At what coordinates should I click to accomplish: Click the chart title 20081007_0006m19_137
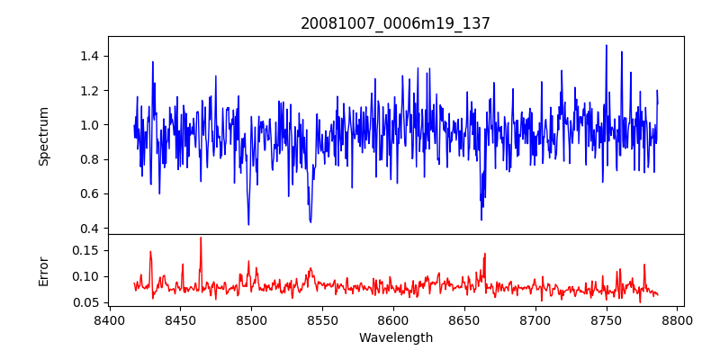(395, 23)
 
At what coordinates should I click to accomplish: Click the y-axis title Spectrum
(44, 136)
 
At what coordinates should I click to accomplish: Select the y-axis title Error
(44, 270)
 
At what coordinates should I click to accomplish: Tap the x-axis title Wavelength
(396, 337)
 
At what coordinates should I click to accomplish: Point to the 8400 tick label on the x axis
(109, 320)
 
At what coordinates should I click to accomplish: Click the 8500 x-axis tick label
(251, 320)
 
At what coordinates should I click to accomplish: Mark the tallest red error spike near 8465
(201, 238)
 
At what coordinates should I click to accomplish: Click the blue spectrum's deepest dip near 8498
(248, 224)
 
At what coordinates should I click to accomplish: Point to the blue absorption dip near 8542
(310, 221)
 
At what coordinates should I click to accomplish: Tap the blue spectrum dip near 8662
(481, 219)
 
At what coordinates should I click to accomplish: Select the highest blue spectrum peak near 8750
(607, 45)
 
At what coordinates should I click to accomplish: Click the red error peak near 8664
(484, 254)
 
